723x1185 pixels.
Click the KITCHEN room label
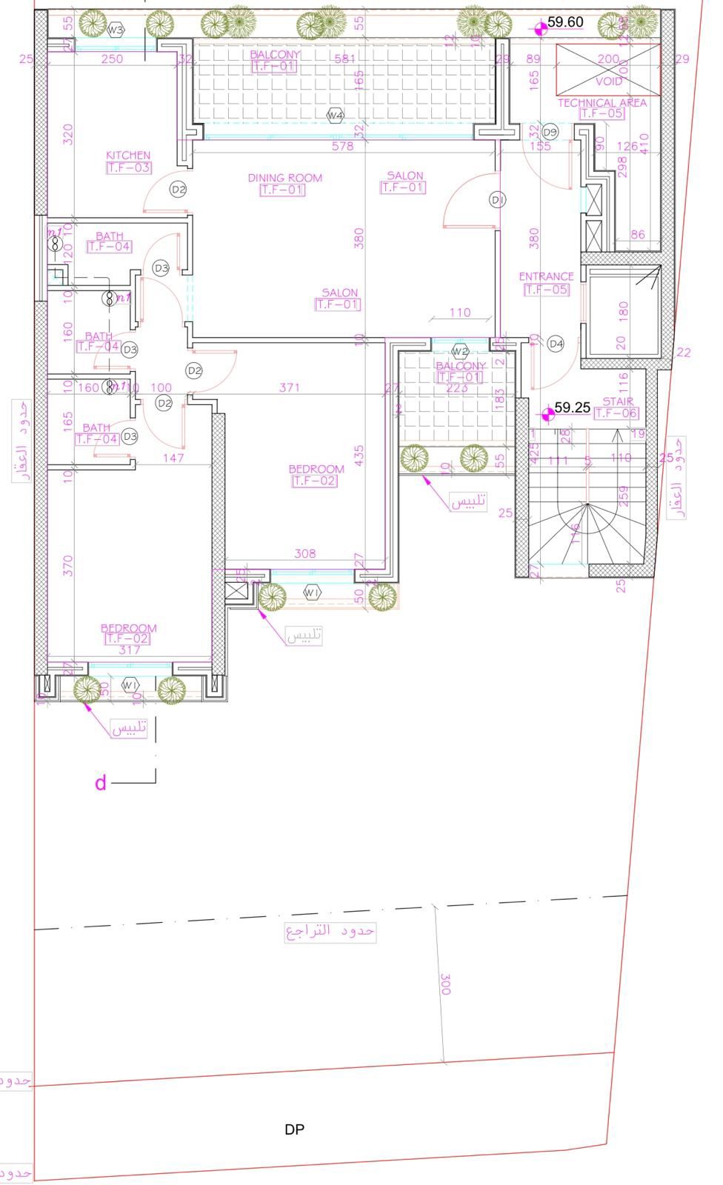[128, 156]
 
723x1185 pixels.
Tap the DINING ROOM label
[284, 178]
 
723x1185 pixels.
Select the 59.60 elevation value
[565, 22]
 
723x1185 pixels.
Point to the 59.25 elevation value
[572, 408]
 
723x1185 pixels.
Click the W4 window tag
[336, 116]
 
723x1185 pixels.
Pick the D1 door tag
[497, 200]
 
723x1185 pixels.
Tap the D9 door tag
[550, 132]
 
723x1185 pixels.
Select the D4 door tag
[556, 344]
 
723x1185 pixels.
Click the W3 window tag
[115, 30]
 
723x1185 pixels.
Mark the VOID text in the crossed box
[609, 81]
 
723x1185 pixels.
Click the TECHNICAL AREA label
[602, 103]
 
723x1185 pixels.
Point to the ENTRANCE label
[546, 277]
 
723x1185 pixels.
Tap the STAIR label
[617, 402]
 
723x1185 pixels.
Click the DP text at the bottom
[294, 1129]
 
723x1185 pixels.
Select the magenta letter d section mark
[101, 783]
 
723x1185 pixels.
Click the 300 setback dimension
[445, 984]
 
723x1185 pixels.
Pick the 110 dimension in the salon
[460, 313]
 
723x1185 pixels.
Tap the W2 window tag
[460, 351]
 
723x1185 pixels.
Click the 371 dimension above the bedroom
[290, 387]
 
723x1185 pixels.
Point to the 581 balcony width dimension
[345, 59]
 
